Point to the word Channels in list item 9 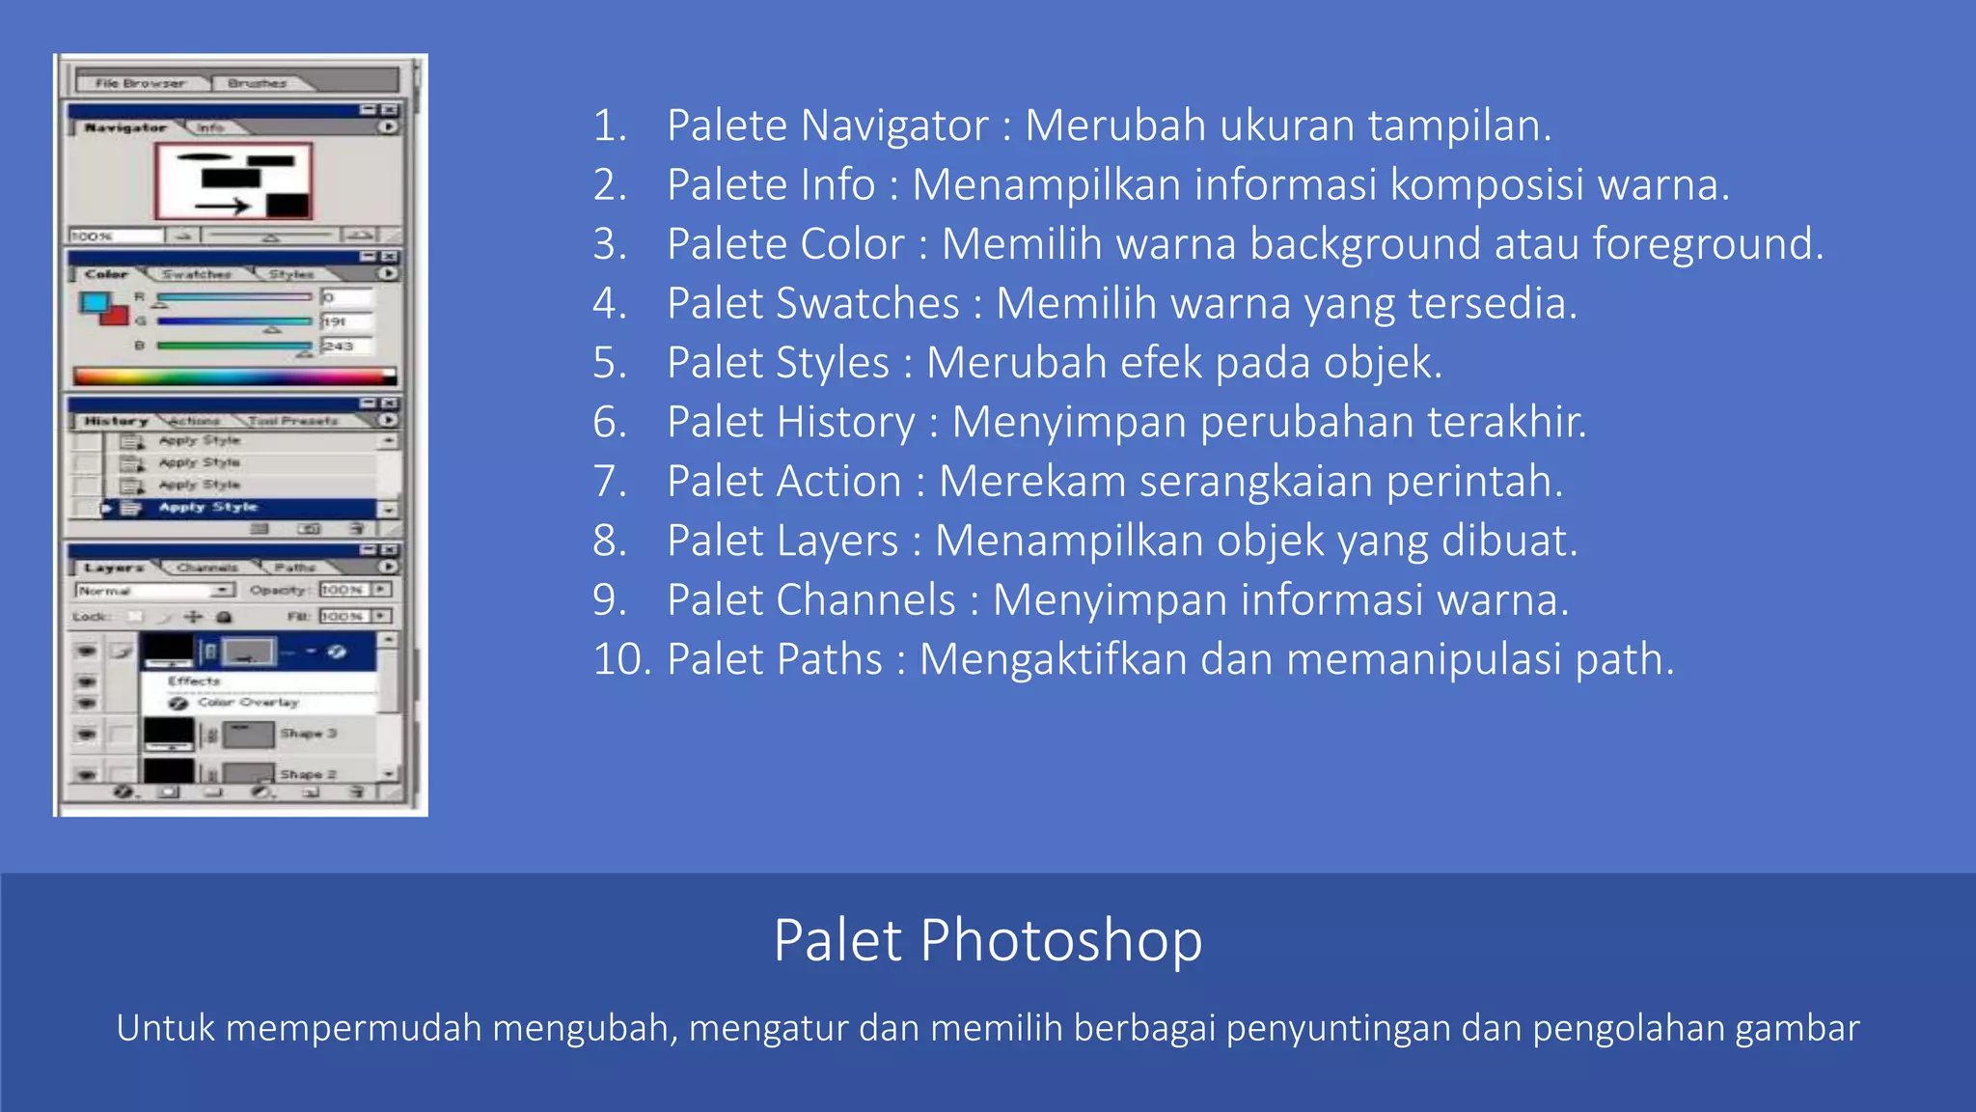(878, 600)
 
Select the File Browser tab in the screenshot (140, 83)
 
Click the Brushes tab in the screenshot (258, 83)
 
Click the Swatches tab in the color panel (197, 274)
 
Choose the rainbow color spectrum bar (234, 375)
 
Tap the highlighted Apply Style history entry (208, 508)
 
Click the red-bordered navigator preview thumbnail (233, 181)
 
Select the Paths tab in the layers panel (294, 568)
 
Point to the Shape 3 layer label (308, 734)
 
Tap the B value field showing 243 (346, 346)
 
